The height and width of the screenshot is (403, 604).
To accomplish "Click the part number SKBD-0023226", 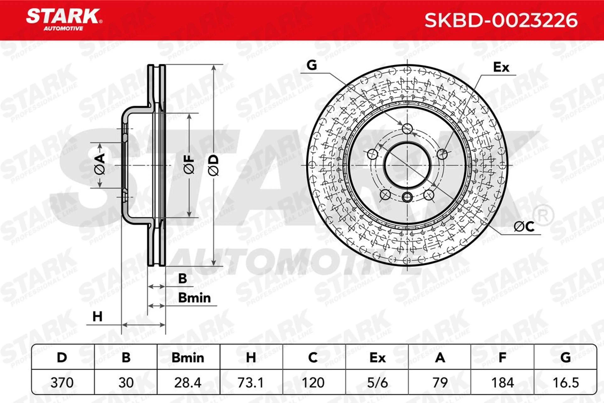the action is (x=501, y=21).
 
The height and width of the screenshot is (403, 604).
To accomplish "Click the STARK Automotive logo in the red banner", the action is (x=64, y=20).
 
